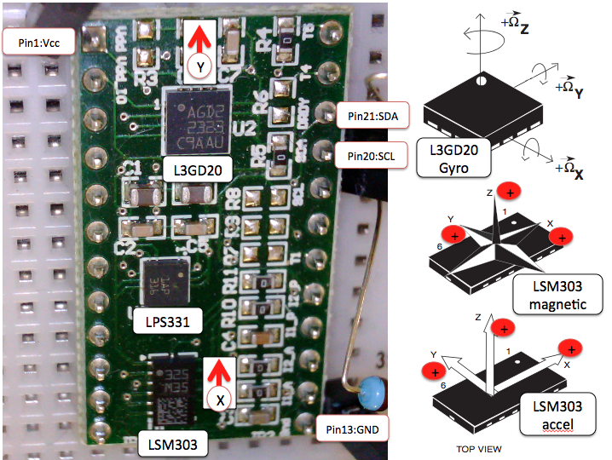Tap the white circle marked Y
pos(200,66)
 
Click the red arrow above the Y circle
pos(199,38)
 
